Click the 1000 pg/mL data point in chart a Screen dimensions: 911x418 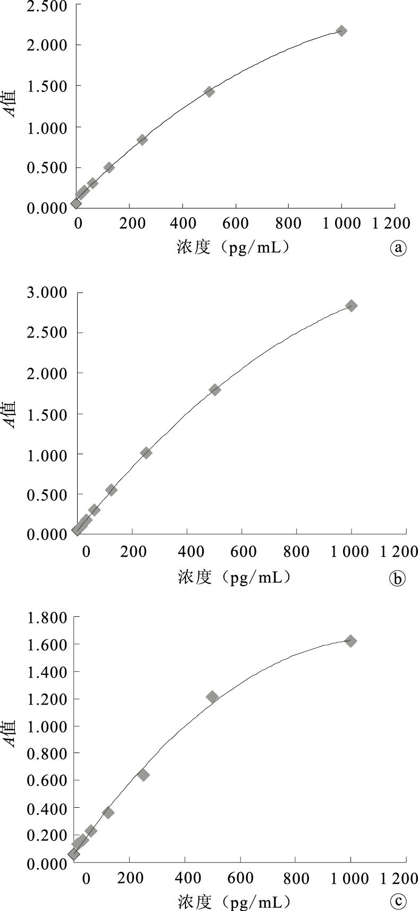341,31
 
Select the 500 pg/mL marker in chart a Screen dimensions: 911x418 209,92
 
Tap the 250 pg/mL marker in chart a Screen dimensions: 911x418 142,140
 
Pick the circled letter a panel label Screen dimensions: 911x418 398,248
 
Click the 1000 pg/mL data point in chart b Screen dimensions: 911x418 351,305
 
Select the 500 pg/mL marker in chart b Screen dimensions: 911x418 215,389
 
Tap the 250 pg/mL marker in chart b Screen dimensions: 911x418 146,453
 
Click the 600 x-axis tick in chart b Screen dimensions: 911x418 242,551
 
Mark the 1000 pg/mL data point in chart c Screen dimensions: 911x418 350,641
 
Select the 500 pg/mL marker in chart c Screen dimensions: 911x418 212,697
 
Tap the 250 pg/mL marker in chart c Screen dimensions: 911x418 143,775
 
